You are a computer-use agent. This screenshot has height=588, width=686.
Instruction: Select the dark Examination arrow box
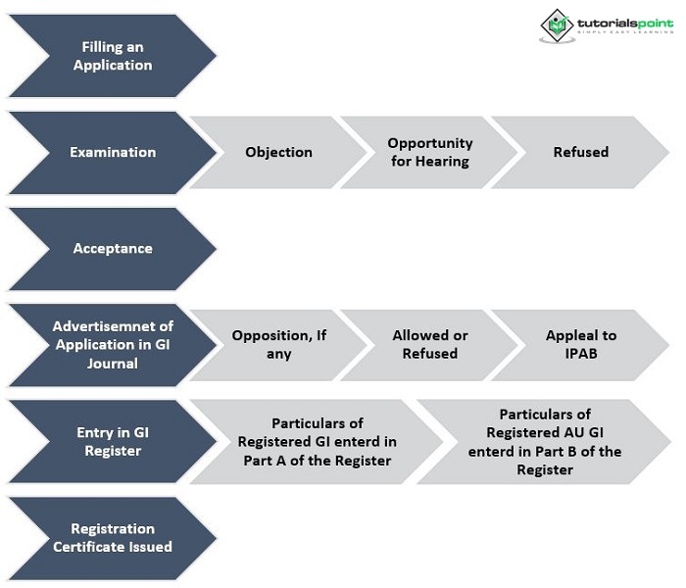coord(112,152)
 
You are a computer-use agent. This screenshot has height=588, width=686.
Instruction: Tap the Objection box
coord(278,152)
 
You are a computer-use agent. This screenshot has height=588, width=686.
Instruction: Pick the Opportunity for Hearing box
coord(429,152)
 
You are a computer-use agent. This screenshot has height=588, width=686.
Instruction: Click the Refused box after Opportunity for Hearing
coord(580,152)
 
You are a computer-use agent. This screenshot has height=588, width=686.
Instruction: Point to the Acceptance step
coord(112,248)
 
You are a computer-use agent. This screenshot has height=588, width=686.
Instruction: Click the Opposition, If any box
coord(278,344)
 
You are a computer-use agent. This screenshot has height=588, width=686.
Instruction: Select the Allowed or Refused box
coord(429,344)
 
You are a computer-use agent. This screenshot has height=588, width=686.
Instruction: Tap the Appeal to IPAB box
coord(580,344)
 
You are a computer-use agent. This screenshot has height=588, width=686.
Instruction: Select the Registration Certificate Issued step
coord(112,537)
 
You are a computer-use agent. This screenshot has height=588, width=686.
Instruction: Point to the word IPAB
coord(572,354)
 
